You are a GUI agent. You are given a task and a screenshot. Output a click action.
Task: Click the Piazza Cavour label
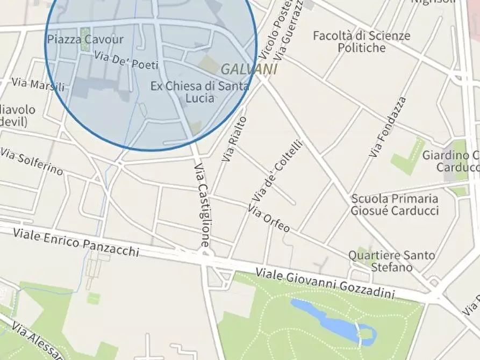tap(85, 39)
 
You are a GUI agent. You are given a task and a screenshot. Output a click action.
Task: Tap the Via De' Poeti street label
tap(126, 60)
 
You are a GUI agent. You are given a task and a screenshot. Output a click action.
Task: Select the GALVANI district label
tap(249, 69)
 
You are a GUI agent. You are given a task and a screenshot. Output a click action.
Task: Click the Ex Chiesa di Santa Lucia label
tap(199, 92)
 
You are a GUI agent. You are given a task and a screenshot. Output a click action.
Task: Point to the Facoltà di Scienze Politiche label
tap(361, 42)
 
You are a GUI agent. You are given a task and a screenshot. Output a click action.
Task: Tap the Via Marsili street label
tap(38, 84)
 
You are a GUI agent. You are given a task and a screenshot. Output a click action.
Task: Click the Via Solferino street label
tap(31, 162)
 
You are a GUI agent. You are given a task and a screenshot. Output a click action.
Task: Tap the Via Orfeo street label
tap(269, 220)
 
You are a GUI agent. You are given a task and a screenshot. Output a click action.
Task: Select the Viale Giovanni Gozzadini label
tap(325, 283)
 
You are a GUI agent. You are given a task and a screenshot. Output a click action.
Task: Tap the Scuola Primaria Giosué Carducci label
tap(395, 204)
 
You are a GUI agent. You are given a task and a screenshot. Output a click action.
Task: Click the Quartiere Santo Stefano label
tap(391, 261)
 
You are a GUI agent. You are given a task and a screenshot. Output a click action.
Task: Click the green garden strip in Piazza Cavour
tap(84, 39)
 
